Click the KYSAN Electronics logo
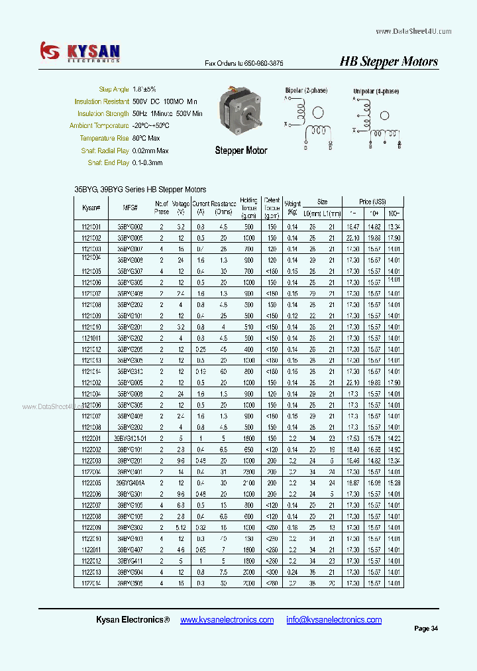pyautogui.click(x=79, y=52)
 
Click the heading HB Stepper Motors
pyautogui.click(x=388, y=62)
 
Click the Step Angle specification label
pyautogui.click(x=113, y=90)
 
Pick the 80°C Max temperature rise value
pyautogui.click(x=146, y=138)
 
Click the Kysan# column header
pyautogui.click(x=91, y=208)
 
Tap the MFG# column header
pyautogui.click(x=131, y=208)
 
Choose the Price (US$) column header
pyautogui.click(x=372, y=202)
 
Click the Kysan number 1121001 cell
pyautogui.click(x=91, y=227)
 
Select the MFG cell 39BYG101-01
pyautogui.click(x=131, y=438)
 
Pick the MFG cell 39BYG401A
pyautogui.click(x=131, y=483)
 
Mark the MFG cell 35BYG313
pyautogui.click(x=131, y=371)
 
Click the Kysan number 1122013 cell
pyautogui.click(x=91, y=572)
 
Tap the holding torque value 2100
pyautogui.click(x=248, y=483)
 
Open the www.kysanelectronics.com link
pyautogui.click(x=227, y=620)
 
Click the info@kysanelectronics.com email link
pyautogui.click(x=334, y=620)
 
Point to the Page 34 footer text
pyautogui.click(x=426, y=629)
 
